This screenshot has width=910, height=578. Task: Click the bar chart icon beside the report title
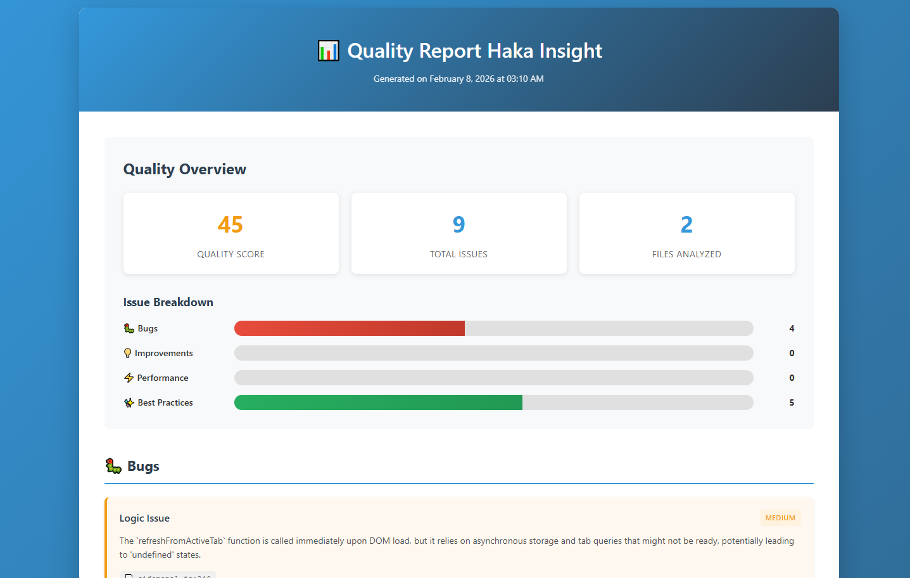[328, 51]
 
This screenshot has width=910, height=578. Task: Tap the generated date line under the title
[458, 79]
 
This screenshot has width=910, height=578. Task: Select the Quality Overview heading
[185, 169]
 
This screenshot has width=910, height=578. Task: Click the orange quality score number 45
[231, 225]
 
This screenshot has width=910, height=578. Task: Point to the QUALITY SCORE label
[231, 254]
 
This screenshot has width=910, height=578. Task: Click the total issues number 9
[458, 225]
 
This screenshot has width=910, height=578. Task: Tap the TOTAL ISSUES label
[458, 254]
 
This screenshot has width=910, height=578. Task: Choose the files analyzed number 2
[686, 225]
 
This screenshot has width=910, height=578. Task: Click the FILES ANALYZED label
[686, 254]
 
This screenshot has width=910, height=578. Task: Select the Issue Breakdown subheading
[168, 302]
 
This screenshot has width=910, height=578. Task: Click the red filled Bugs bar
[350, 328]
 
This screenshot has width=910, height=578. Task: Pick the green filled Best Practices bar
[378, 402]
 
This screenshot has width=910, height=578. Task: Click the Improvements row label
[163, 353]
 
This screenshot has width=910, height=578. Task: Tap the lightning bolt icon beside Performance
[129, 378]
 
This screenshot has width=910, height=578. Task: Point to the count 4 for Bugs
[792, 328]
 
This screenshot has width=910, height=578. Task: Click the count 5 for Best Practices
[792, 402]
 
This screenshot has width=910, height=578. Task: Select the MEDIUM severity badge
[780, 518]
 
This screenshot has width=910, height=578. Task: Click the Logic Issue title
[144, 518]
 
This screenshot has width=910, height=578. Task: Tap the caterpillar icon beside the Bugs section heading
[113, 466]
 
